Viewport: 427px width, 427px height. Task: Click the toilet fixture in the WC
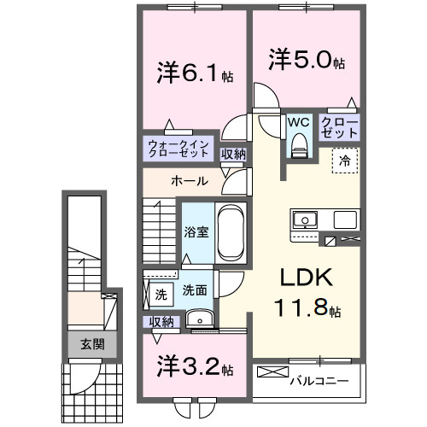point(298,147)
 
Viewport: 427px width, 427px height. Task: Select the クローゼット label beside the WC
point(340,129)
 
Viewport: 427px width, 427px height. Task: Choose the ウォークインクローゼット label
point(178,150)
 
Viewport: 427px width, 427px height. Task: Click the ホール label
point(187,181)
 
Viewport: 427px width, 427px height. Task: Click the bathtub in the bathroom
point(231,231)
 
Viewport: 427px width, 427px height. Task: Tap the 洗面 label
point(195,290)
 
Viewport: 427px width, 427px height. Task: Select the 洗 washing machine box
point(161,295)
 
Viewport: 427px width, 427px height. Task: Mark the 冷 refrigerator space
point(346,160)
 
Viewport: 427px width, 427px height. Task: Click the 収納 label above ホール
point(233,154)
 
